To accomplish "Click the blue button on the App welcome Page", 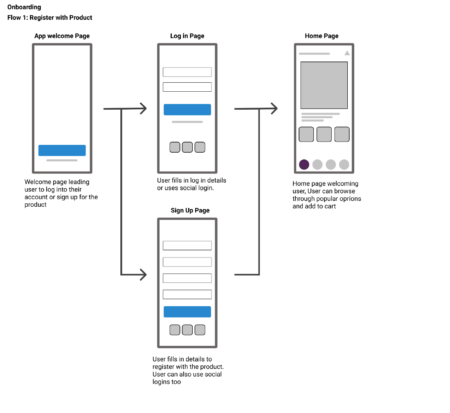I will [62, 150].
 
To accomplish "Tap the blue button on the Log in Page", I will [187, 110].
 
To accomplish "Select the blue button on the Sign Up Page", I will [187, 312].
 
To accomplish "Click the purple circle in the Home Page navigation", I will [304, 165].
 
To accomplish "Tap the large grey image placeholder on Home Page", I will [324, 85].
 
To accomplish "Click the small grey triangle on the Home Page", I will [347, 53].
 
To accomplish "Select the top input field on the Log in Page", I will [187, 72].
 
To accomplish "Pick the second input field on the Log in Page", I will [187, 87].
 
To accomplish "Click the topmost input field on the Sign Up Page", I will [187, 246].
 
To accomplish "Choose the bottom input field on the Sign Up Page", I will [187, 294].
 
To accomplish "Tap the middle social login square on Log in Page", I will [187, 147].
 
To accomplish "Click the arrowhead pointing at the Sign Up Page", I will [143, 275].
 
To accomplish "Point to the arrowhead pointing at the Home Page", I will [274, 109].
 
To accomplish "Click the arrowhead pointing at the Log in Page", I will [143, 109].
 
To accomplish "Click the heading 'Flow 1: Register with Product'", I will [50, 18].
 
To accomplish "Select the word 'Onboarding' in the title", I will [24, 7].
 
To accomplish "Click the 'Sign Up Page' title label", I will [190, 210].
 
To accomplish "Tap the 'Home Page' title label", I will [322, 36].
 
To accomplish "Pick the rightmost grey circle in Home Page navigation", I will [344, 165].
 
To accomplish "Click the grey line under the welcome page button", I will [62, 160].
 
